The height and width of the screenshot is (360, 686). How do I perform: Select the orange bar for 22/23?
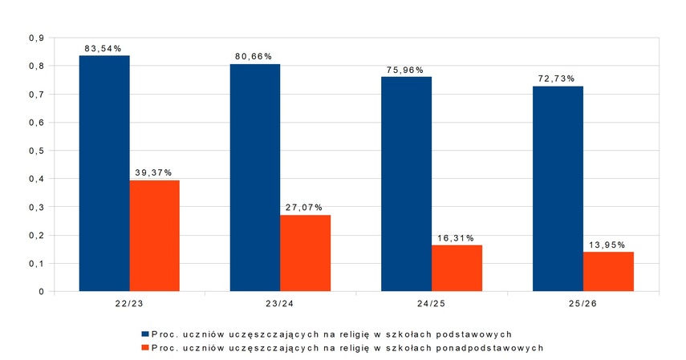tap(155, 236)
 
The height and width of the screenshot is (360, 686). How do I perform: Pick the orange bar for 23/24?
tap(306, 253)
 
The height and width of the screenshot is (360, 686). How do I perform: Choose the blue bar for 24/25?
tap(407, 184)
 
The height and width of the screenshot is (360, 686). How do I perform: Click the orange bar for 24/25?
tap(457, 268)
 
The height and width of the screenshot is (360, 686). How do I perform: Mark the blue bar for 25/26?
tap(558, 188)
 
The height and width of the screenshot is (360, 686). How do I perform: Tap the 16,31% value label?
tap(457, 238)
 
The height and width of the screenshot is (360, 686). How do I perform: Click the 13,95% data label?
tap(607, 245)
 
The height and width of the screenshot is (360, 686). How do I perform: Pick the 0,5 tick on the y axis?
tap(36, 151)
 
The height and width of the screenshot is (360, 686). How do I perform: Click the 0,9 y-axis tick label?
tap(36, 38)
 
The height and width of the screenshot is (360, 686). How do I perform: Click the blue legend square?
tap(145, 333)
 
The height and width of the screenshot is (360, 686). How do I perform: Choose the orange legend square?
tap(145, 347)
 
